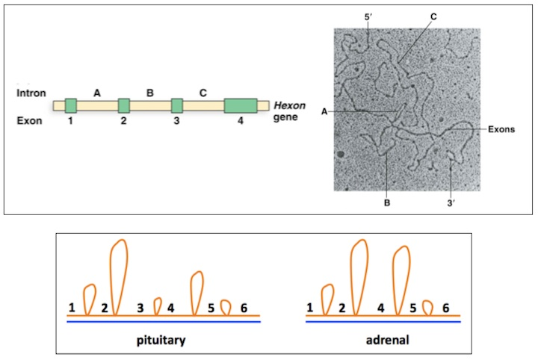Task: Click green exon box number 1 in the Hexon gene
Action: click(70, 105)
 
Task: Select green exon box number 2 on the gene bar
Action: click(124, 105)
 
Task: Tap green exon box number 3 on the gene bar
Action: click(177, 105)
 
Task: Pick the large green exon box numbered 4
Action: click(240, 105)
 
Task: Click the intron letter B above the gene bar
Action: click(149, 93)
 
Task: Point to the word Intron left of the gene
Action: click(31, 93)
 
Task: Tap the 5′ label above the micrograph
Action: click(368, 15)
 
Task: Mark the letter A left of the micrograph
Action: click(324, 111)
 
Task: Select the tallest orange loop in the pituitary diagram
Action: click(118, 273)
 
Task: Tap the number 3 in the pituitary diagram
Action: click(140, 307)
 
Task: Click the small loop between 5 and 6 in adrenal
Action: click(427, 307)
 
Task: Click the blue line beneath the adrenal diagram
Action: click(383, 322)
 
